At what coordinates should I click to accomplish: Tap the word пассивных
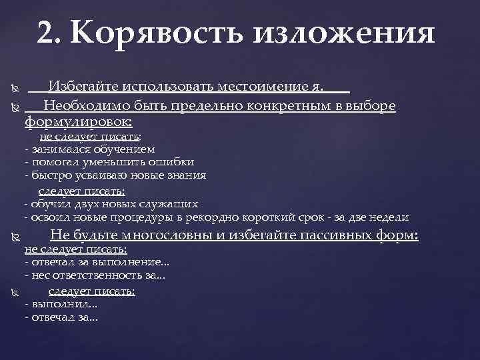coord(331,235)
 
